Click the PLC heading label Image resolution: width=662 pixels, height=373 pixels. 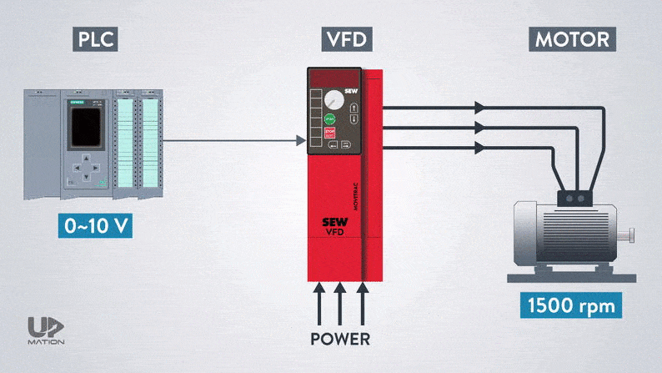click(93, 40)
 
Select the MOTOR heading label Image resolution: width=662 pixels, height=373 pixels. click(571, 40)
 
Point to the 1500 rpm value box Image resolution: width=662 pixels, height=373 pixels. click(572, 305)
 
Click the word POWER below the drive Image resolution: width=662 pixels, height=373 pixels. click(339, 340)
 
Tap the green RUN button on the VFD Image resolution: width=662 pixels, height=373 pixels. click(329, 118)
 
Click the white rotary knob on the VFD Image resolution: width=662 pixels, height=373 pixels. click(334, 97)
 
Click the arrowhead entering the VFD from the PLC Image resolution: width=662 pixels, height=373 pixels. click(298, 140)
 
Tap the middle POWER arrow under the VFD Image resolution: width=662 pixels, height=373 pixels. click(339, 301)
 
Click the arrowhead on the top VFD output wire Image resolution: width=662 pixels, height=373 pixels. click(479, 108)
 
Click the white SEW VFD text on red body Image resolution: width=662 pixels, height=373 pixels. click(334, 227)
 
